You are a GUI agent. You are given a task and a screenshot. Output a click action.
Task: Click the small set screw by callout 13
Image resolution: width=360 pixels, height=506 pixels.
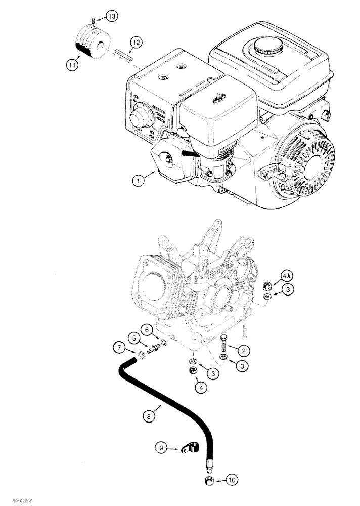(94, 20)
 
